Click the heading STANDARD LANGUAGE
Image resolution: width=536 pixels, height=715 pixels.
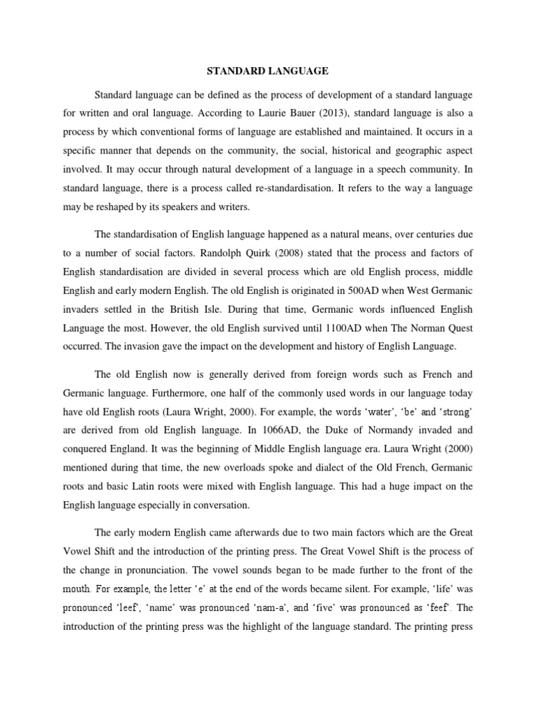267,71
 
